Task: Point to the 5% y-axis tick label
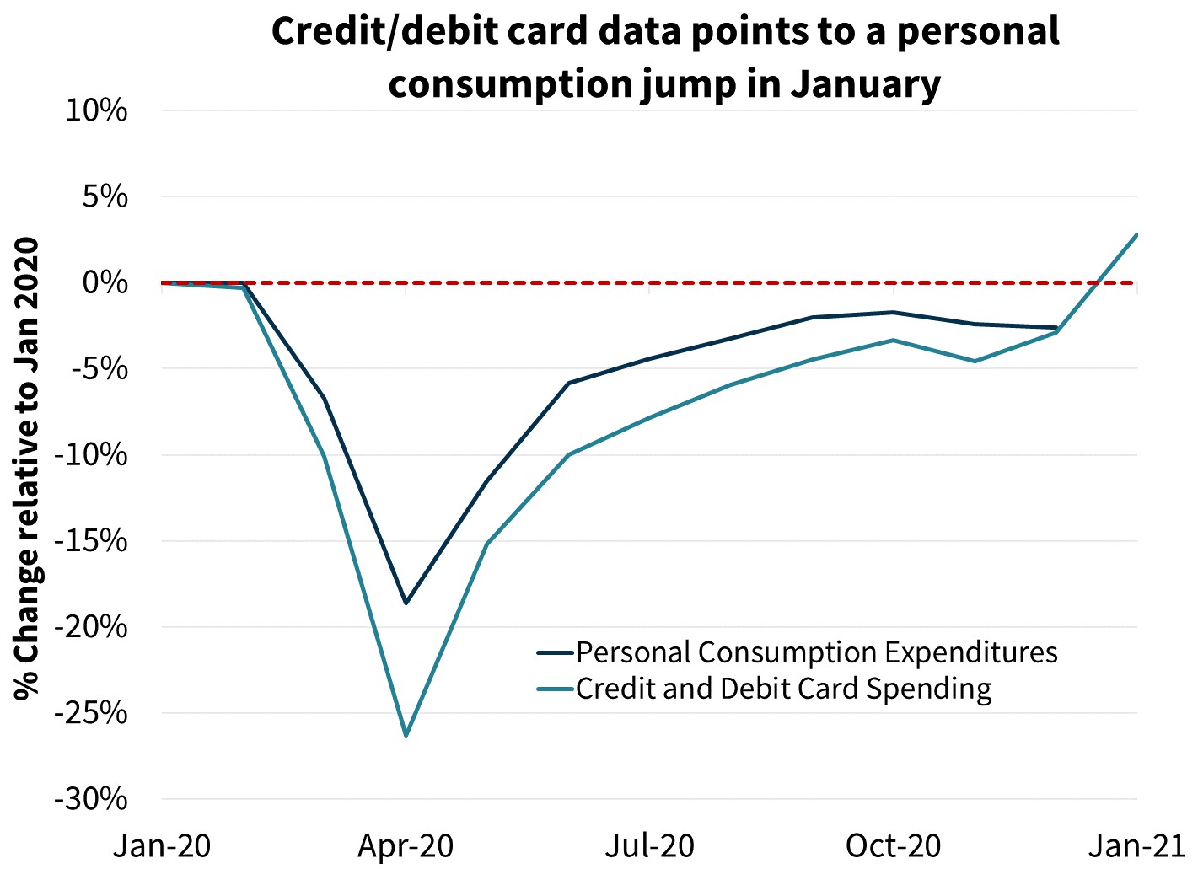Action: coord(105,197)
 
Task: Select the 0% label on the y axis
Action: coord(105,282)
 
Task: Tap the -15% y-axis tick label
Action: coord(90,541)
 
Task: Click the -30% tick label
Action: coord(90,799)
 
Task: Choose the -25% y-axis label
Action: coord(90,713)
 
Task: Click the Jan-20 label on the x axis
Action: coord(162,845)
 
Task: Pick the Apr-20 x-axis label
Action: coord(406,845)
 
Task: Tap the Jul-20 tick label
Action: coord(649,845)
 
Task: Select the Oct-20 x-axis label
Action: coord(893,845)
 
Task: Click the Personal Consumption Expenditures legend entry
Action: coord(816,652)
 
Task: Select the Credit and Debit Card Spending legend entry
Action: coord(783,689)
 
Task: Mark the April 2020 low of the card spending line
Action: coord(406,736)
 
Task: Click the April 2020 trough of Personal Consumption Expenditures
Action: coord(406,603)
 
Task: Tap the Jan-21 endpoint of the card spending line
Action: coord(1136,234)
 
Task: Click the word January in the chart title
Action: coord(865,84)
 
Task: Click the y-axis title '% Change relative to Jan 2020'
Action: coord(27,469)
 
